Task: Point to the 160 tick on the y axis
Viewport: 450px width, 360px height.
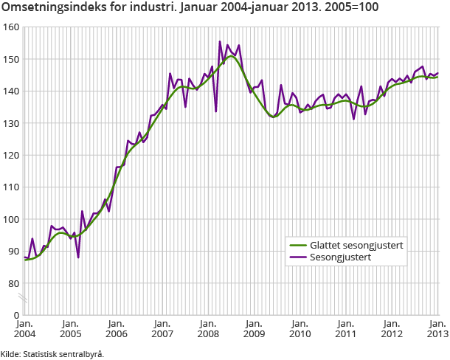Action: click(10, 27)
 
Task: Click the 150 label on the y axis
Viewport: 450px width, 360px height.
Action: click(10, 59)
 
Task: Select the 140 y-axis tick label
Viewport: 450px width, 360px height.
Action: click(10, 91)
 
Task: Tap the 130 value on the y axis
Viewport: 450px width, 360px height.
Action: click(10, 123)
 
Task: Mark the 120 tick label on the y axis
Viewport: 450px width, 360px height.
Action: click(10, 156)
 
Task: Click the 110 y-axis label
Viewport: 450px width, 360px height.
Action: click(10, 187)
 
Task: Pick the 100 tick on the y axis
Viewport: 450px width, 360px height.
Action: click(10, 220)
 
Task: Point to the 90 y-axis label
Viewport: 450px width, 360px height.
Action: click(13, 252)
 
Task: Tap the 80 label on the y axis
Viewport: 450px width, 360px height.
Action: click(13, 284)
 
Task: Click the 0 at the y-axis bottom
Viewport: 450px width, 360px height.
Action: click(15, 315)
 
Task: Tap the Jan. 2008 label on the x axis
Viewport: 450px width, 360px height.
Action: click(208, 328)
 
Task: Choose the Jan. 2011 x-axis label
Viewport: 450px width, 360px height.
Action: click(346, 328)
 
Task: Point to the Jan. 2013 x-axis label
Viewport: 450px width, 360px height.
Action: click(437, 328)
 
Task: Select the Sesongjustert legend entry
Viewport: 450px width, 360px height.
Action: click(340, 257)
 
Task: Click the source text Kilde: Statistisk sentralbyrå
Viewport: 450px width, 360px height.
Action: click(52, 353)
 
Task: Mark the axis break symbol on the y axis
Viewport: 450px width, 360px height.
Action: click(24, 299)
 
